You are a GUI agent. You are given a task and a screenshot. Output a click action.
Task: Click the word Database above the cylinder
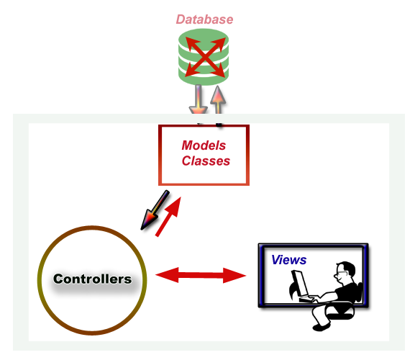point(204,19)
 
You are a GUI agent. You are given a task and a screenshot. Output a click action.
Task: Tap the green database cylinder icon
point(204,57)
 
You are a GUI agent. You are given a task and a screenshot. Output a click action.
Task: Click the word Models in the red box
point(204,145)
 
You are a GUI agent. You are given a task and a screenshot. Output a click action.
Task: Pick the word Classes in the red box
point(206,161)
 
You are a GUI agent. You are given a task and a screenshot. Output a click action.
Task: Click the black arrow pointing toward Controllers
point(155,210)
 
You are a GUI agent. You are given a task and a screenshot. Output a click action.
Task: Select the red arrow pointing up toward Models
point(168,217)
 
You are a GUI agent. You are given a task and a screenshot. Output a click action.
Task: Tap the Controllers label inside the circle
point(92,279)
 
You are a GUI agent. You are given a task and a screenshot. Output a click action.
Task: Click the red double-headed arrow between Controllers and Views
point(201,275)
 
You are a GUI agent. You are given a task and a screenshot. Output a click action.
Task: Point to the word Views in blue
point(289,260)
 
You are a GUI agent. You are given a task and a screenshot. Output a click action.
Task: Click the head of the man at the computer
point(345,273)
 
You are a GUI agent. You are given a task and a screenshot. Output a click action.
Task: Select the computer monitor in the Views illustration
point(300,284)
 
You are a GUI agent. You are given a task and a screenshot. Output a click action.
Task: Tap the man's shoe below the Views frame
point(321,327)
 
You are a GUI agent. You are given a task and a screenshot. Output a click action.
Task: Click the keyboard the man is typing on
point(309,300)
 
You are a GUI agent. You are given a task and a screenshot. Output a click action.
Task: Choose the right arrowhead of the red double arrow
point(234,276)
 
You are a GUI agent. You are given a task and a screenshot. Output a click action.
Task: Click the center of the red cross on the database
point(205,57)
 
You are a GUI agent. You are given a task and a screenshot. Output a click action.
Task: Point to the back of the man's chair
point(360,292)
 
